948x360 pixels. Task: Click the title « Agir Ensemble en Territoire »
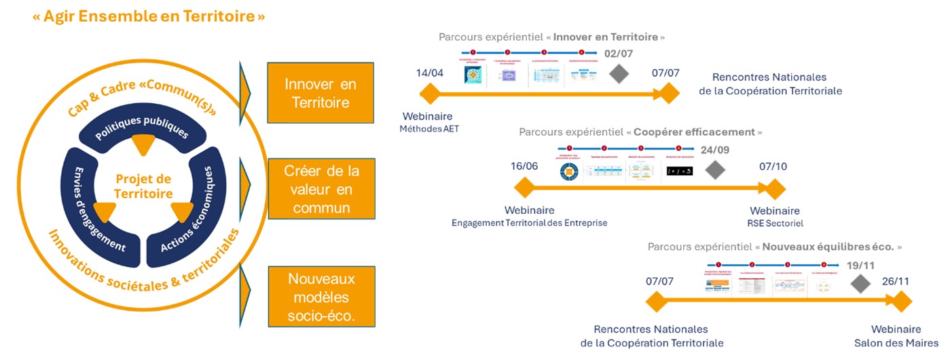pos(149,17)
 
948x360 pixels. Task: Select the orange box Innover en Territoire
pos(320,94)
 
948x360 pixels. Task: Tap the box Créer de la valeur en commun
pos(320,190)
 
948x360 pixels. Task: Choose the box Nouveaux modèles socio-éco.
pos(320,298)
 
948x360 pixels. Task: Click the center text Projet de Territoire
pos(143,186)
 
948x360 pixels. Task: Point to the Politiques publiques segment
pos(142,126)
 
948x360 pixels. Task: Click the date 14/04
pos(430,73)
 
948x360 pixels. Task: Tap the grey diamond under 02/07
pos(618,74)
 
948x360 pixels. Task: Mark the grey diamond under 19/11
pos(861,283)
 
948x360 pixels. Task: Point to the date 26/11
pos(895,281)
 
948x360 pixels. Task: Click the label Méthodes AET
pos(429,129)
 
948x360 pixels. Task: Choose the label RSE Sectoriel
pos(775,223)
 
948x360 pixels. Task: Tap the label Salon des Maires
pos(896,343)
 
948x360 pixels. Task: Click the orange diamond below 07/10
pos(774,189)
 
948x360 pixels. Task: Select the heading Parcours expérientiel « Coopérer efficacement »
pos(640,132)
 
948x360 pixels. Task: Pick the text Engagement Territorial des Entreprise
pos(530,223)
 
